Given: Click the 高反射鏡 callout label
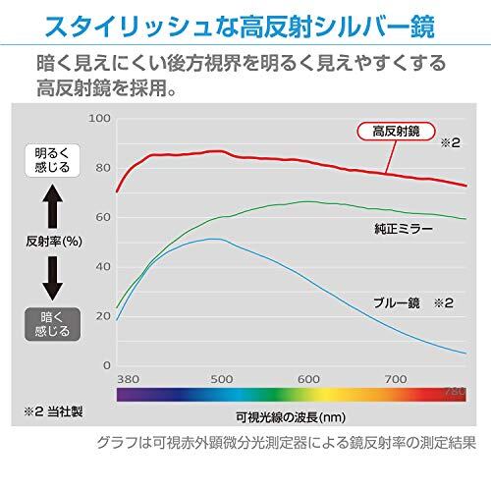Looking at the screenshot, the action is [396, 132].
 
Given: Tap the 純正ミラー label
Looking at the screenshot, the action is [404, 229].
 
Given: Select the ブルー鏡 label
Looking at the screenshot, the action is [397, 302].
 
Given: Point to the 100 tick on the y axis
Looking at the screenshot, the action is [99, 119].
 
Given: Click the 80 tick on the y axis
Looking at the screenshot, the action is [103, 168].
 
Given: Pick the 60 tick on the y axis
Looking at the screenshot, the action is [103, 217].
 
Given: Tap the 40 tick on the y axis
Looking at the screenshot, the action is [103, 267].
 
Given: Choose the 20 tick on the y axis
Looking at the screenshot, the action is [103, 316].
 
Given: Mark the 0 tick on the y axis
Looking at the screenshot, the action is [107, 365].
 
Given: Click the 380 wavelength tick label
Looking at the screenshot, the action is [129, 379].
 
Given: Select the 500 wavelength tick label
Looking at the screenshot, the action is [222, 379].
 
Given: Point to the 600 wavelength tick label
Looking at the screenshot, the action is [308, 379].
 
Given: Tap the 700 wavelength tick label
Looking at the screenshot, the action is [396, 379].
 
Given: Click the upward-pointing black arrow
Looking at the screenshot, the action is [53, 206].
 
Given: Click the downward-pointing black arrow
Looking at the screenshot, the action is [53, 279].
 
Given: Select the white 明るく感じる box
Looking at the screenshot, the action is [52, 160].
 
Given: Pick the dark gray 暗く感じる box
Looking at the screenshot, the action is [52, 324].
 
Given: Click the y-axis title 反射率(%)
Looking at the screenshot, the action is [54, 242].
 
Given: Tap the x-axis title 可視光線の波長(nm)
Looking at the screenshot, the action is [291, 417].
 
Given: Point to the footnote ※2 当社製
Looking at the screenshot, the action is [53, 411].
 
